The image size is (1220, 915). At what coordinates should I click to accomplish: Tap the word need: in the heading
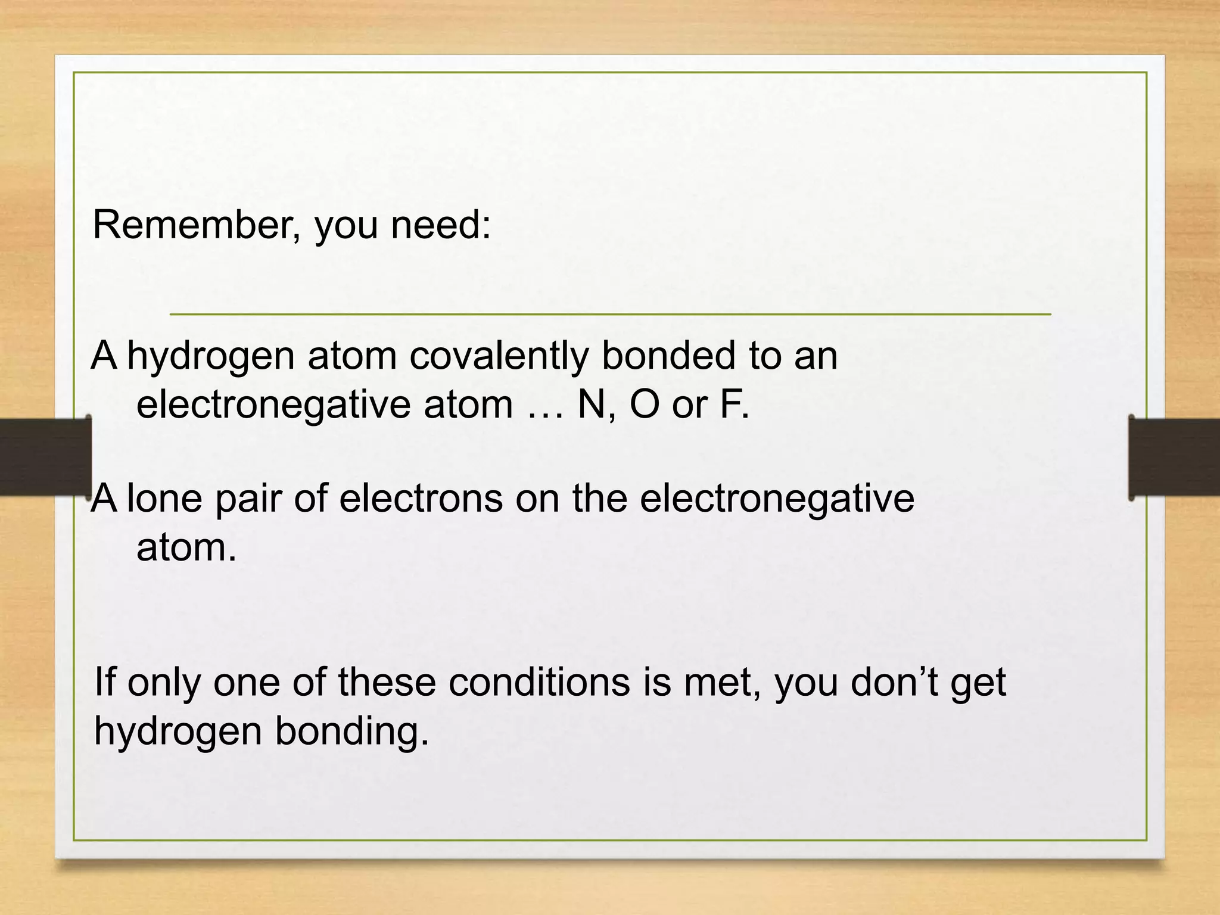click(x=441, y=226)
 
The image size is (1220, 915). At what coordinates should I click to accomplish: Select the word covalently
click(x=498, y=356)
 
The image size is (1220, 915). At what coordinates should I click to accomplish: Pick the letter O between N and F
click(x=644, y=404)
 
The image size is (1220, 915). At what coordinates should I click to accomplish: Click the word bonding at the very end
click(x=351, y=732)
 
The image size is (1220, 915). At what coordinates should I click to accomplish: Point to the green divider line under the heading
click(x=610, y=313)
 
